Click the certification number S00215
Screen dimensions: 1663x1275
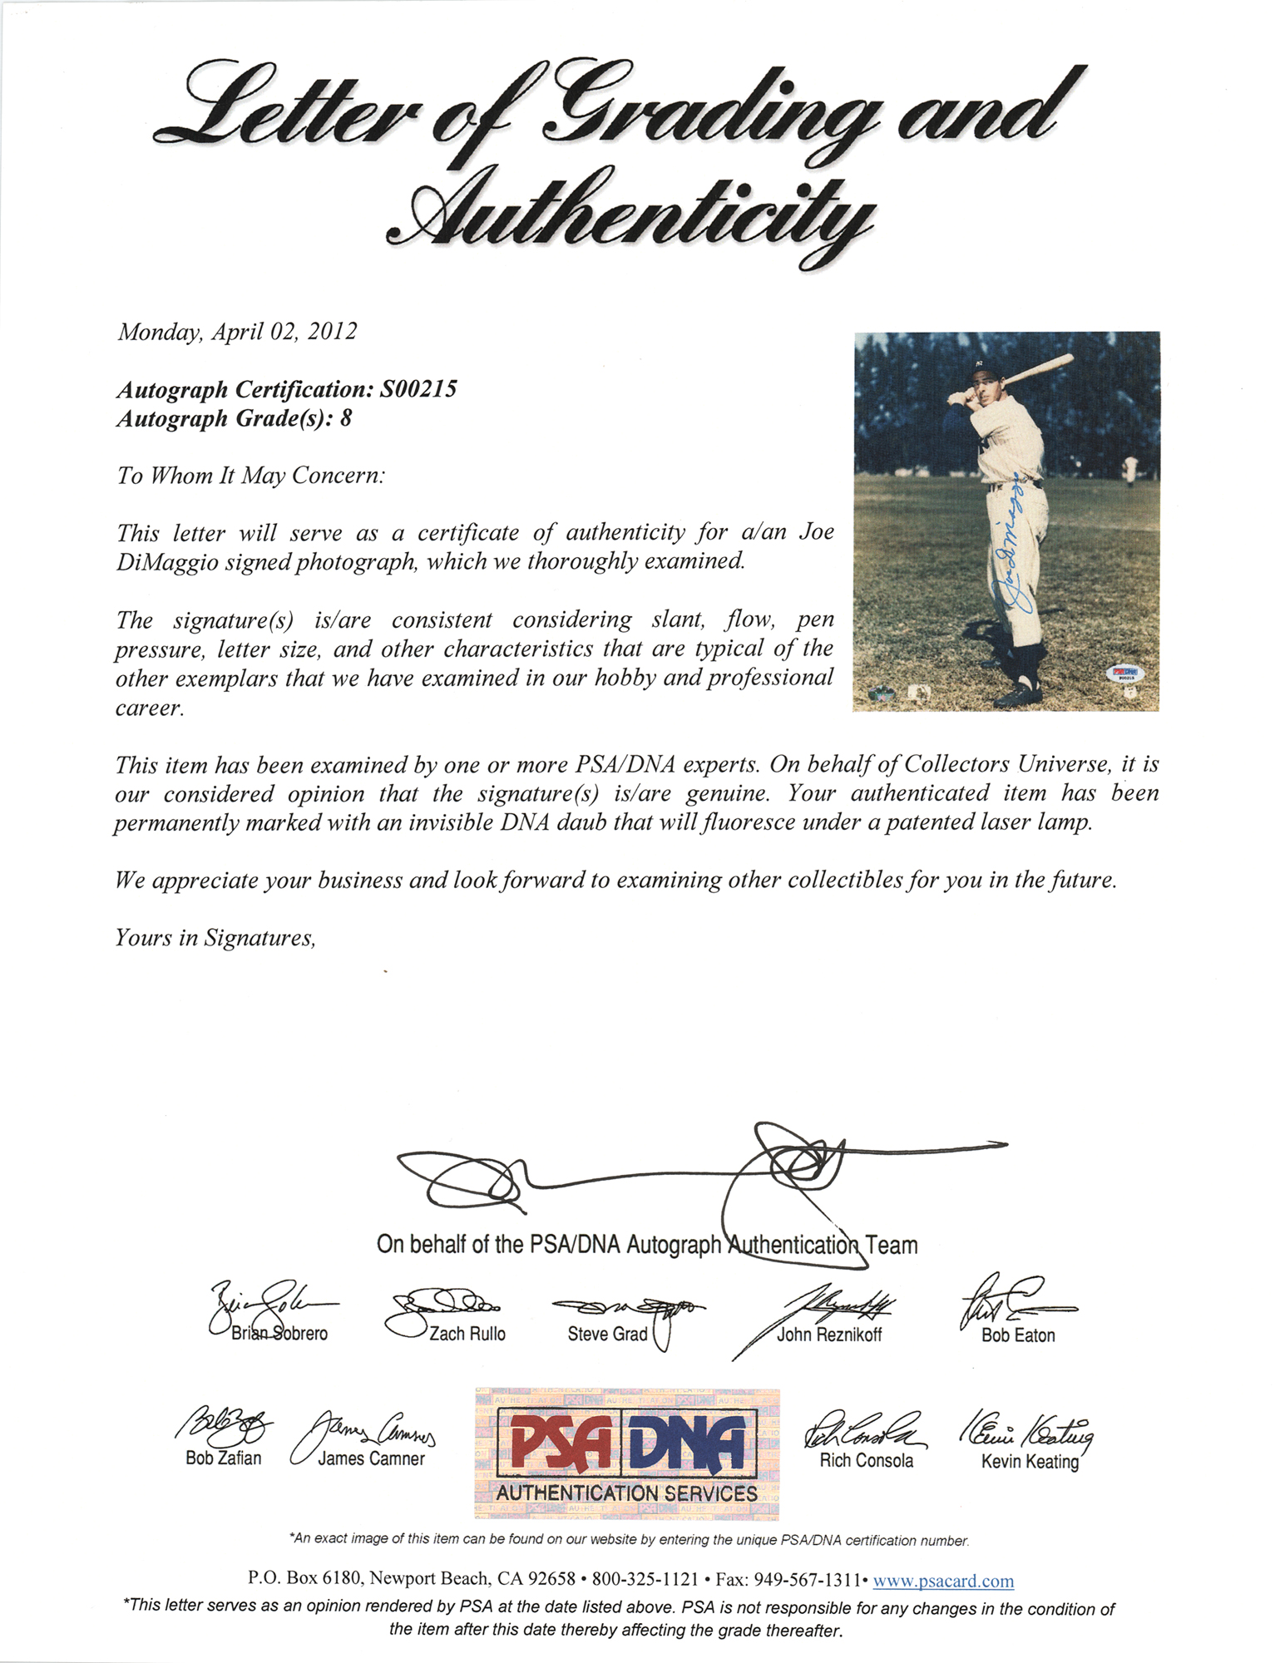click(x=418, y=389)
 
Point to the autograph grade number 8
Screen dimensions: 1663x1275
click(x=345, y=418)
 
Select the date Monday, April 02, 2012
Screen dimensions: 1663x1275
click(x=237, y=332)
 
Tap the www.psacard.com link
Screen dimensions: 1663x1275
click(x=943, y=1581)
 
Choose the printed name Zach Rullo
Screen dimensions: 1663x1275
click(x=467, y=1334)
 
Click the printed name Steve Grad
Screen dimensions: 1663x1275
click(x=607, y=1335)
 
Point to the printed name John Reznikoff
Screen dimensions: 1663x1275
click(x=829, y=1335)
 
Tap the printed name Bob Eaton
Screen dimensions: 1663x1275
click(x=1018, y=1336)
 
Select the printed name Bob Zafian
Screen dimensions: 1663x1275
click(x=223, y=1458)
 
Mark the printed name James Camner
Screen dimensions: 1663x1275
click(x=371, y=1459)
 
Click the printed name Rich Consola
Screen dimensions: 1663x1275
click(x=866, y=1461)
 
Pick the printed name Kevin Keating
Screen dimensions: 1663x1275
click(x=1030, y=1462)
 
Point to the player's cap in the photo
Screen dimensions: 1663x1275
click(x=981, y=364)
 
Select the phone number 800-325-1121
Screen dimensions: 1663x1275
click(x=645, y=1579)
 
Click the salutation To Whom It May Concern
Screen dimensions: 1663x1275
click(x=250, y=476)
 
